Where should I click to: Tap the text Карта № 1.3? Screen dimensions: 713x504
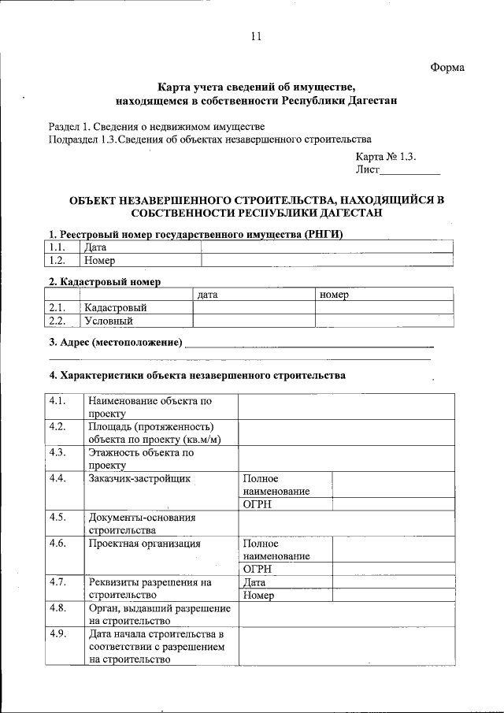tap(391, 156)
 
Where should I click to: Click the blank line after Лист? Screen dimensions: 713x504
tap(410, 170)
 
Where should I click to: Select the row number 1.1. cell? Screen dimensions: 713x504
tap(56, 247)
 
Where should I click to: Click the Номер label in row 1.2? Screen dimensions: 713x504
tap(99, 261)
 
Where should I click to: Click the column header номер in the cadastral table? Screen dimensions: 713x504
tap(334, 295)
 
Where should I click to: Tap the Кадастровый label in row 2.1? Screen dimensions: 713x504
tap(116, 307)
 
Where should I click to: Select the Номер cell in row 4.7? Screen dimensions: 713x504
tap(258, 596)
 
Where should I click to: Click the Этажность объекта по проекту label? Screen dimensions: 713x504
tap(141, 459)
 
